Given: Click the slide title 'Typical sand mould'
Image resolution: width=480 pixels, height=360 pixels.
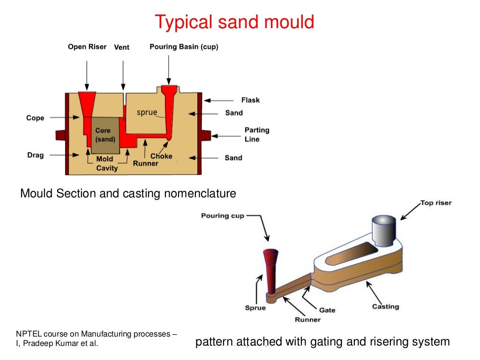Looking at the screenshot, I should [x=234, y=22].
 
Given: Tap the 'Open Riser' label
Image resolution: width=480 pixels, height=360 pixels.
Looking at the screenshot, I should [x=87, y=47].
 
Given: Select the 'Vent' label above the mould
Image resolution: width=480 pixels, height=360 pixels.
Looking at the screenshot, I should [x=122, y=47].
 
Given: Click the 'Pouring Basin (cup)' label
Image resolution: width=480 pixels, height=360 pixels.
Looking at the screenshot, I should [x=184, y=47].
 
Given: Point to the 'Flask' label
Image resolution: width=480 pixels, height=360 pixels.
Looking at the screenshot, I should [x=250, y=100].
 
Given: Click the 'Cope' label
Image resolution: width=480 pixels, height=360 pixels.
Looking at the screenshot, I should [x=35, y=118].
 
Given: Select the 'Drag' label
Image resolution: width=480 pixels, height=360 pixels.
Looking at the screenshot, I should [x=35, y=155].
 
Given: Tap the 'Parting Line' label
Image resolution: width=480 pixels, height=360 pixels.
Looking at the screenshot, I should [x=257, y=135].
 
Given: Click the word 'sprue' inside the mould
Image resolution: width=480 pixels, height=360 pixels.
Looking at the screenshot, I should [x=147, y=112].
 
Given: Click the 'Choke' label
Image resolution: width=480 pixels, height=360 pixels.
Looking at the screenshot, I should [x=161, y=156].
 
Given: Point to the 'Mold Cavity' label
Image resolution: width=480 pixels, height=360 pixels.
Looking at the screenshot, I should [x=106, y=164].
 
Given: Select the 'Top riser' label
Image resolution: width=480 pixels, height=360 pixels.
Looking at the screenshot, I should [x=435, y=203].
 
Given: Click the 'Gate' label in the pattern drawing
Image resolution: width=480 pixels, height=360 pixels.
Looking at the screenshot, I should [x=327, y=310].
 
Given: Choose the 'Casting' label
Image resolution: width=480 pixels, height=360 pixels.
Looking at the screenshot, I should [x=385, y=307].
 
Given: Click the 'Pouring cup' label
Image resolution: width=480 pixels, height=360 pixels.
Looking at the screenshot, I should [x=223, y=216].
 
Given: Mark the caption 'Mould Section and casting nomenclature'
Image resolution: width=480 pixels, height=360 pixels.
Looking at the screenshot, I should [x=128, y=193].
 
